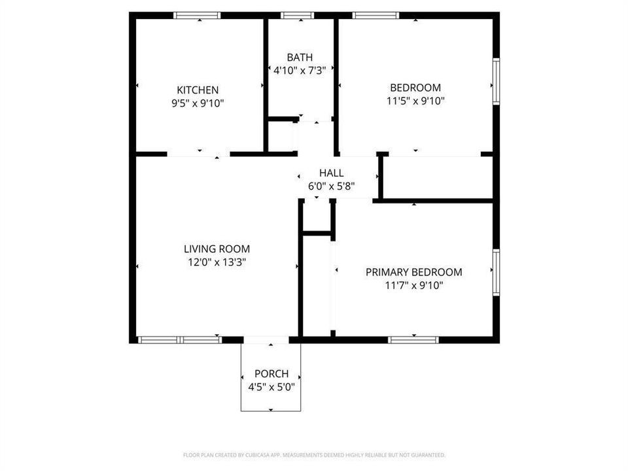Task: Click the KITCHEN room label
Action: click(x=198, y=90)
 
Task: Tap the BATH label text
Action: click(x=300, y=58)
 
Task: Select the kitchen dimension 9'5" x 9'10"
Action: click(x=198, y=103)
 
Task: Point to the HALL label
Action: click(x=331, y=173)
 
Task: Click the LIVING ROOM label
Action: click(x=217, y=249)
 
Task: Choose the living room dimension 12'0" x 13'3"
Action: click(x=217, y=262)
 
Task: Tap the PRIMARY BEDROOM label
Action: click(x=413, y=272)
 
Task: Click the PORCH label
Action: click(x=271, y=374)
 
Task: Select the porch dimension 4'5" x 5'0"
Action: click(x=271, y=387)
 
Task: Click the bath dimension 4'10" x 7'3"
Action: click(x=300, y=71)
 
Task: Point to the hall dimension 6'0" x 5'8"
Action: click(x=331, y=186)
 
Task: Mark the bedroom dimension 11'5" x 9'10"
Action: click(x=415, y=101)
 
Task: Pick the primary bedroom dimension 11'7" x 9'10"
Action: click(x=413, y=286)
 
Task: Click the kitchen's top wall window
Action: click(x=197, y=16)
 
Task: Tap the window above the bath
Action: click(x=297, y=16)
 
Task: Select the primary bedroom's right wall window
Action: click(x=497, y=272)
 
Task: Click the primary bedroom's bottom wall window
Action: click(x=413, y=340)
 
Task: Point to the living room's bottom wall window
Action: click(x=180, y=340)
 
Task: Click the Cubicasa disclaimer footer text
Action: click(x=314, y=455)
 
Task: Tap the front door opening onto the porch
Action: click(x=266, y=340)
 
